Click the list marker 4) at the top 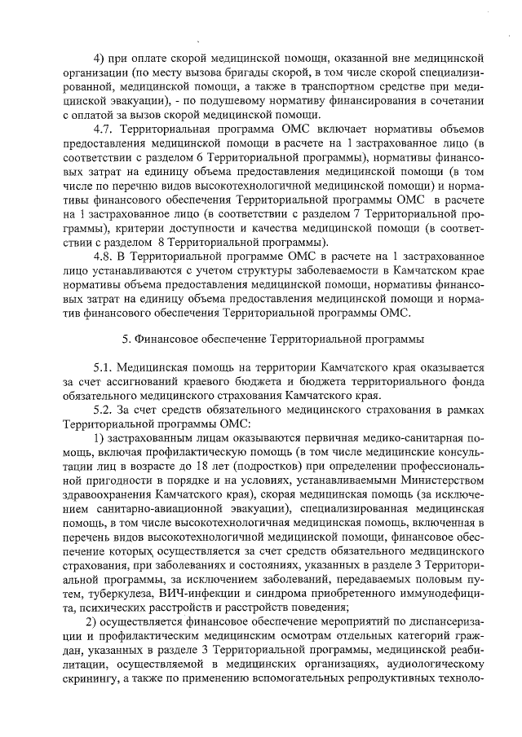click(x=100, y=59)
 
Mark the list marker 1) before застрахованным click(x=100, y=439)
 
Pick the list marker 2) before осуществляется click(x=100, y=623)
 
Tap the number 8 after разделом click(x=163, y=243)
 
